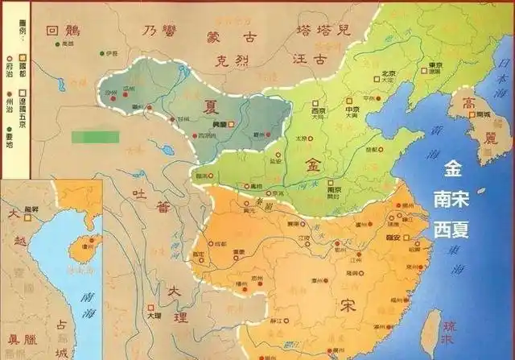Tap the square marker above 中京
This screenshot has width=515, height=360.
click(351, 103)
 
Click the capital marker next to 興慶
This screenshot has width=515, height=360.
click(230, 125)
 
